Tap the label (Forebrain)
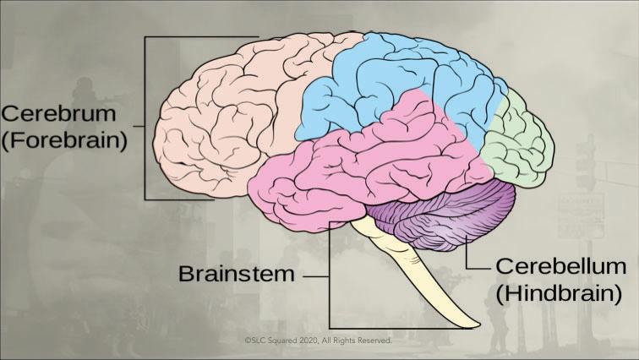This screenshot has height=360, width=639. [x=63, y=139]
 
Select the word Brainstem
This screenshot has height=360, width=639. [x=236, y=275]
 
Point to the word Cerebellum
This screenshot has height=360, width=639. [x=560, y=267]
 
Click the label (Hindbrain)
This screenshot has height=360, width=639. [x=560, y=293]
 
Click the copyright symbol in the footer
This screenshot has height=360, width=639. [x=248, y=341]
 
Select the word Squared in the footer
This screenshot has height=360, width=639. [x=278, y=341]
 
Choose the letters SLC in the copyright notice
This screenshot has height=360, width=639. [x=257, y=341]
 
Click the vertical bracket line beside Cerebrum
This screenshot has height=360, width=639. [x=145, y=118]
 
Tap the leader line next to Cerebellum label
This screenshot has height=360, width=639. [x=479, y=266]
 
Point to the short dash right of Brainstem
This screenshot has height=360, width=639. [x=314, y=275]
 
